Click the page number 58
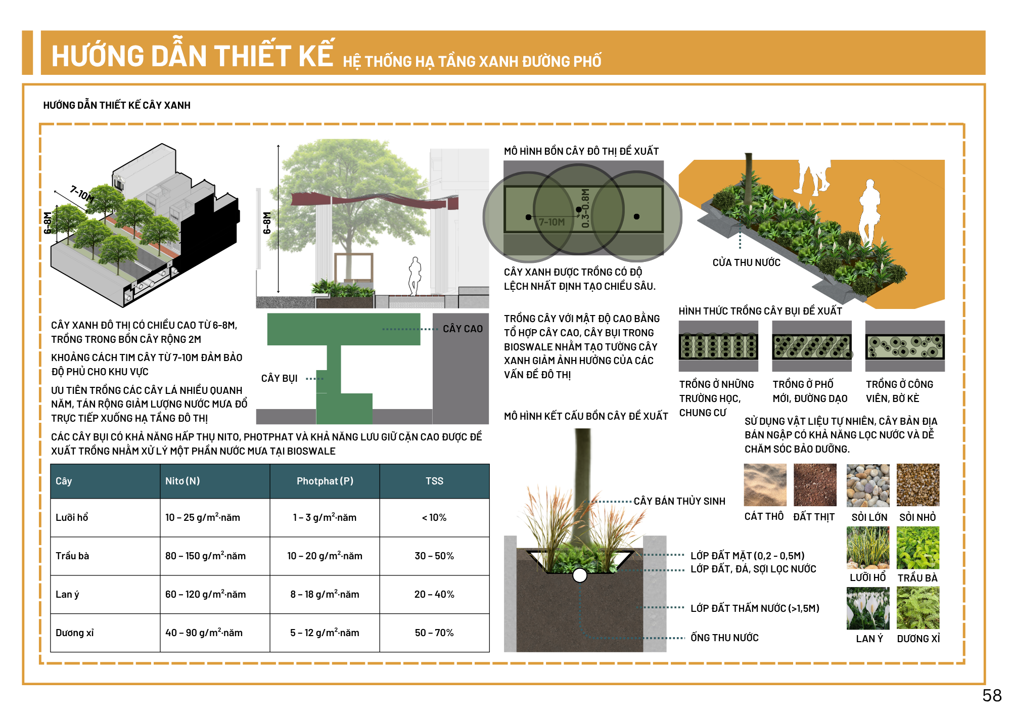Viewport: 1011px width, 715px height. [x=992, y=696]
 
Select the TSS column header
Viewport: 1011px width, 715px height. [x=434, y=481]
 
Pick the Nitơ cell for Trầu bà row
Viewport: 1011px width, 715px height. [x=205, y=556]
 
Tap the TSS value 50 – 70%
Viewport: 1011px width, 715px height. [x=434, y=633]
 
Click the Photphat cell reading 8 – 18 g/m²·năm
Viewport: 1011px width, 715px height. [x=325, y=594]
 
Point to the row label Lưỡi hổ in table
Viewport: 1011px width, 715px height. [x=72, y=517]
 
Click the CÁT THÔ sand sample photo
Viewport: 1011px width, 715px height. [x=765, y=485]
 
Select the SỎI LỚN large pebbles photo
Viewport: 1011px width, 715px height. [x=867, y=485]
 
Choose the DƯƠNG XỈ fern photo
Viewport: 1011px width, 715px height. [x=918, y=608]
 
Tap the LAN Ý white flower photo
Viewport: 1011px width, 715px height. [x=867, y=608]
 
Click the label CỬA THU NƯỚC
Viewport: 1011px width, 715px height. [x=746, y=262]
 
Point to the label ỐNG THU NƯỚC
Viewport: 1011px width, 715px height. [x=724, y=638]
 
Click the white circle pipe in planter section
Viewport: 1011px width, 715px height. [x=580, y=575]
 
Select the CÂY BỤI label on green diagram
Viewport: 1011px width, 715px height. [x=279, y=378]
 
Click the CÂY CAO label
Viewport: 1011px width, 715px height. [x=463, y=329]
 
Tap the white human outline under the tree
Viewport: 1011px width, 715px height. [x=415, y=276]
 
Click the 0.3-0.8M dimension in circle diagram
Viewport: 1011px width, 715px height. [x=585, y=208]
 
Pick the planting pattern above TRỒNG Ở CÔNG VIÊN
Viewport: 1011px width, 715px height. [x=904, y=346]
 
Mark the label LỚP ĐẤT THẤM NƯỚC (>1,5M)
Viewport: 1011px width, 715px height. [x=755, y=608]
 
